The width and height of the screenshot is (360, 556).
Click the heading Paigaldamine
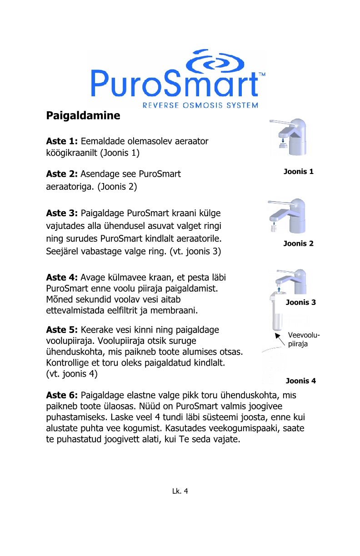coord(83,115)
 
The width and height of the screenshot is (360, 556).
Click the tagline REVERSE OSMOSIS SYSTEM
coord(200,105)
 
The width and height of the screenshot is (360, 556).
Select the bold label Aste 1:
coord(62,141)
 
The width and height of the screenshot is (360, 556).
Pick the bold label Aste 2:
coord(62,174)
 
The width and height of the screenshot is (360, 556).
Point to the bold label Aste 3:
coord(62,213)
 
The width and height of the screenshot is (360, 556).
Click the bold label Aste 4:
coord(62,278)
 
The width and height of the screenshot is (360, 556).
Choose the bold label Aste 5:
coord(62,330)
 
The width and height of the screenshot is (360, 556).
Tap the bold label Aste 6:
coord(62,395)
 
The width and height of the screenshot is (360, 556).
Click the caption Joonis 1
coord(298,172)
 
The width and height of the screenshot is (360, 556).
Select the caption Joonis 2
coord(298,243)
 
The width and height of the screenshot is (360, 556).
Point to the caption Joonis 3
coord(300,302)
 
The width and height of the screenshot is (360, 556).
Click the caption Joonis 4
coord(300,381)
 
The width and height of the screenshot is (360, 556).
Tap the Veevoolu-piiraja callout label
coord(303,339)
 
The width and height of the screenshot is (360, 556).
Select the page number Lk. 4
coord(180,491)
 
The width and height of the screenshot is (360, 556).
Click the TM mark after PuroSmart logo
coord(262,74)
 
